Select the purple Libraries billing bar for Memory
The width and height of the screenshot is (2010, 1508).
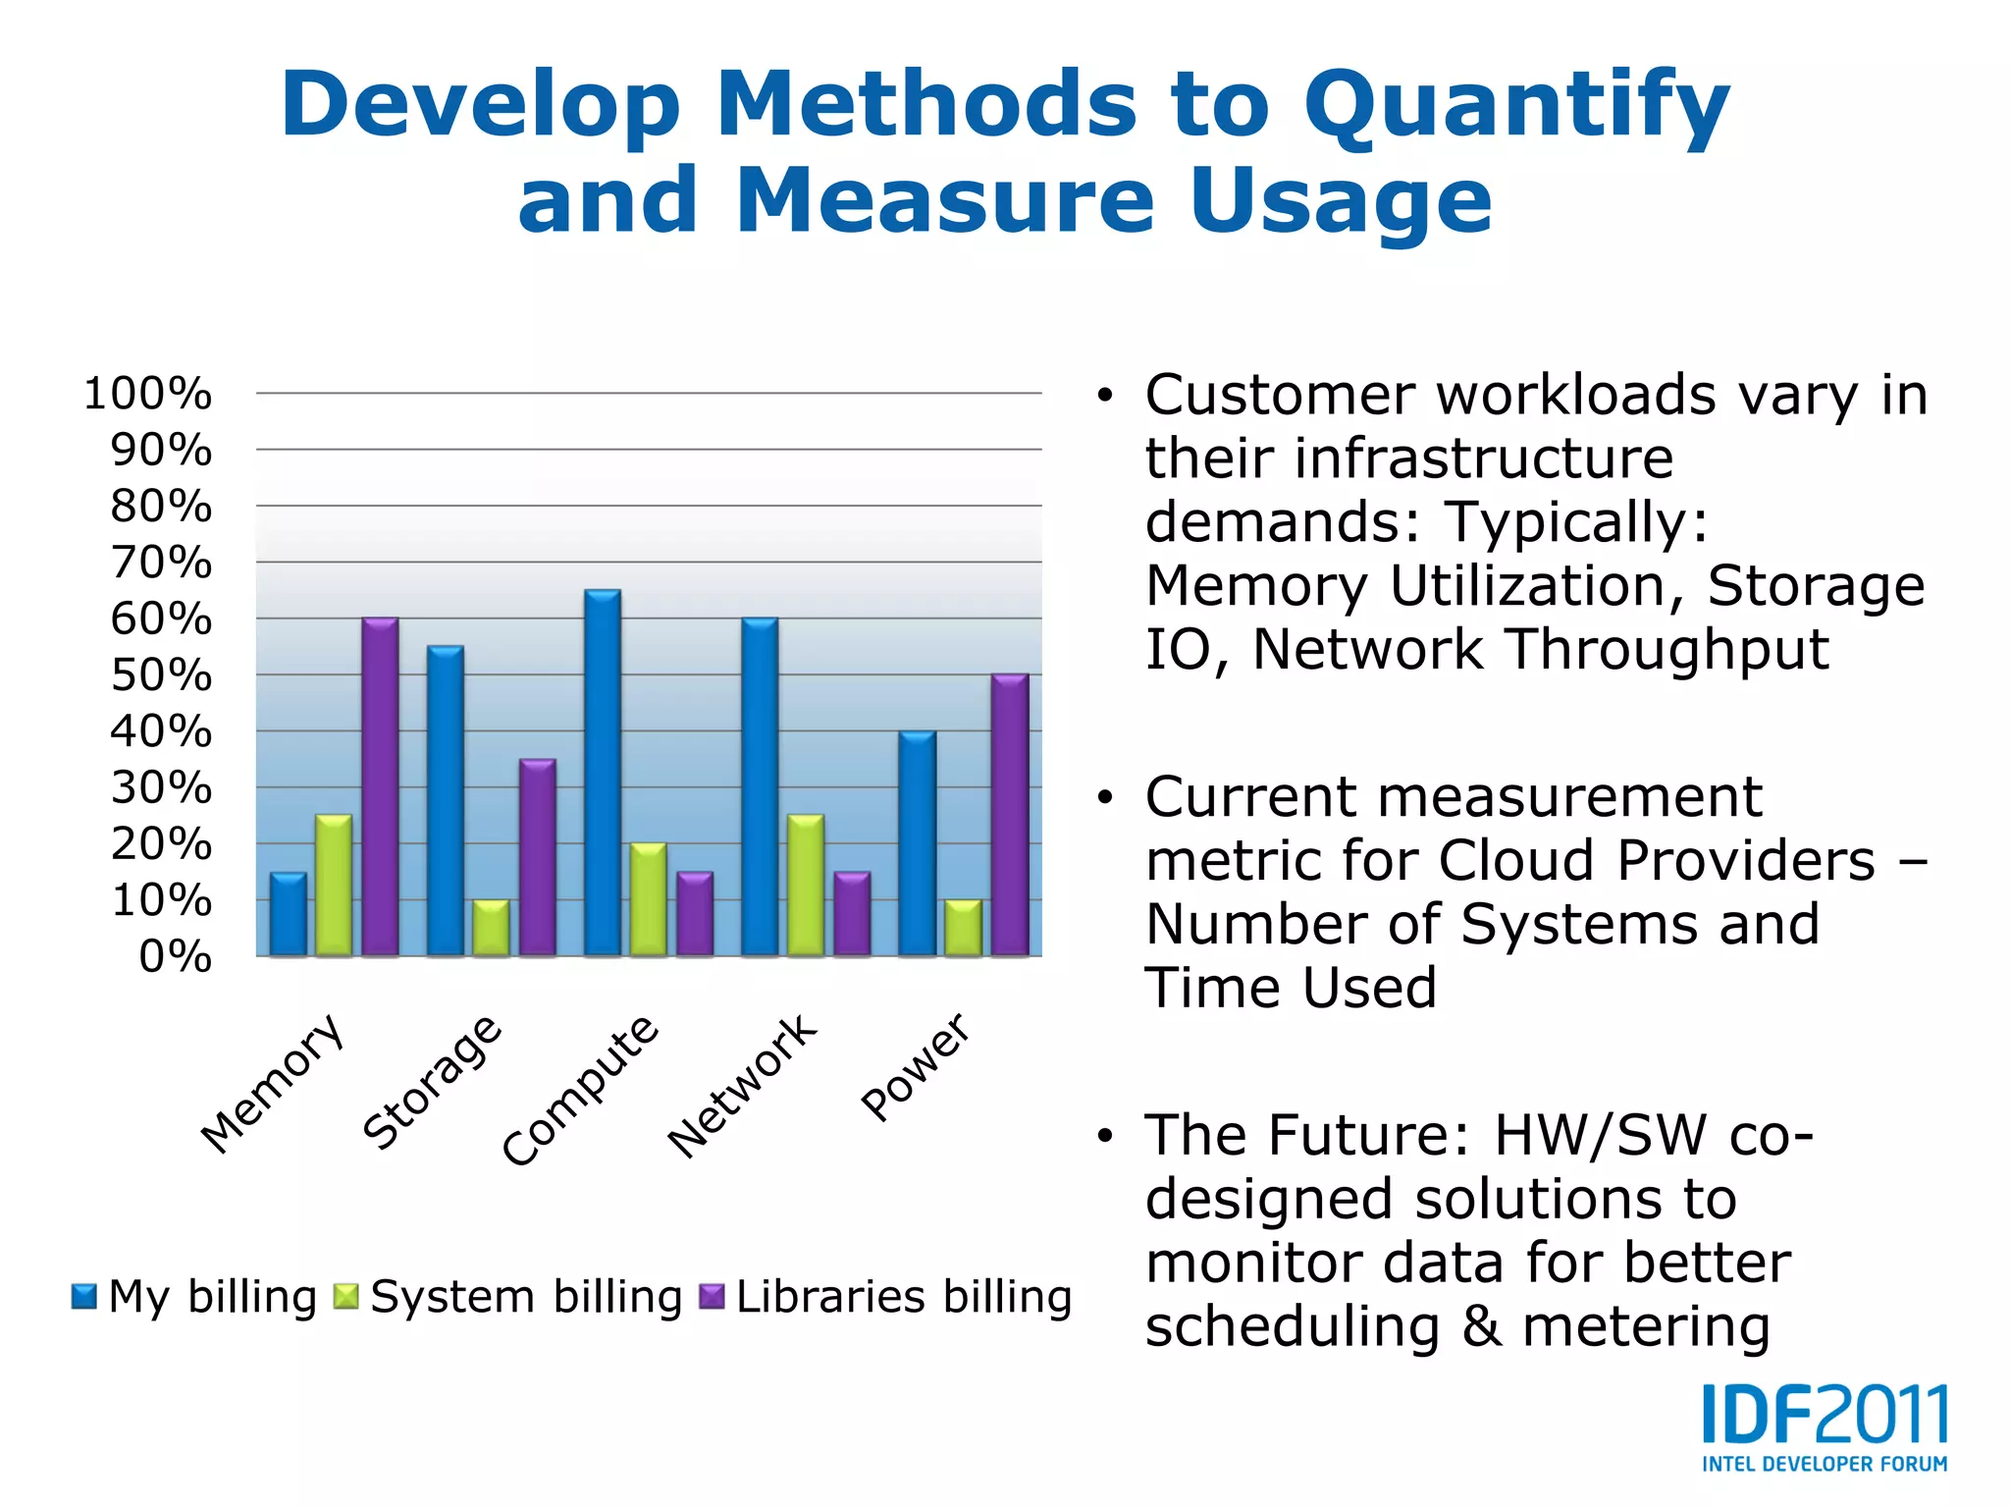[x=380, y=786]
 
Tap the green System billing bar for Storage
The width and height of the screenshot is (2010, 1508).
[x=491, y=928]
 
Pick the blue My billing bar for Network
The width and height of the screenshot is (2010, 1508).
[x=760, y=786]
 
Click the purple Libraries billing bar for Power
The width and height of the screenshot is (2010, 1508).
[x=1010, y=815]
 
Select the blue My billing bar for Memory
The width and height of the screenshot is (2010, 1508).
[x=289, y=914]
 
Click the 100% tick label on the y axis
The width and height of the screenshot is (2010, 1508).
[x=147, y=394]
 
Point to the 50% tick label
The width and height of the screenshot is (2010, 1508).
[x=161, y=675]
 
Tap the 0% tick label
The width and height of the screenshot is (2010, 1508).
[x=175, y=956]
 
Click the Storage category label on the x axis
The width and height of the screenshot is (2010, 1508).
[x=433, y=1081]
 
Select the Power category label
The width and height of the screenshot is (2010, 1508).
[x=916, y=1066]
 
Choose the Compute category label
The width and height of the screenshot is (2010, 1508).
[x=580, y=1090]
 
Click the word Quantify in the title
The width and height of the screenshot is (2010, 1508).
[x=1516, y=106]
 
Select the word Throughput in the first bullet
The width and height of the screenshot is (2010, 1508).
[x=1668, y=649]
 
